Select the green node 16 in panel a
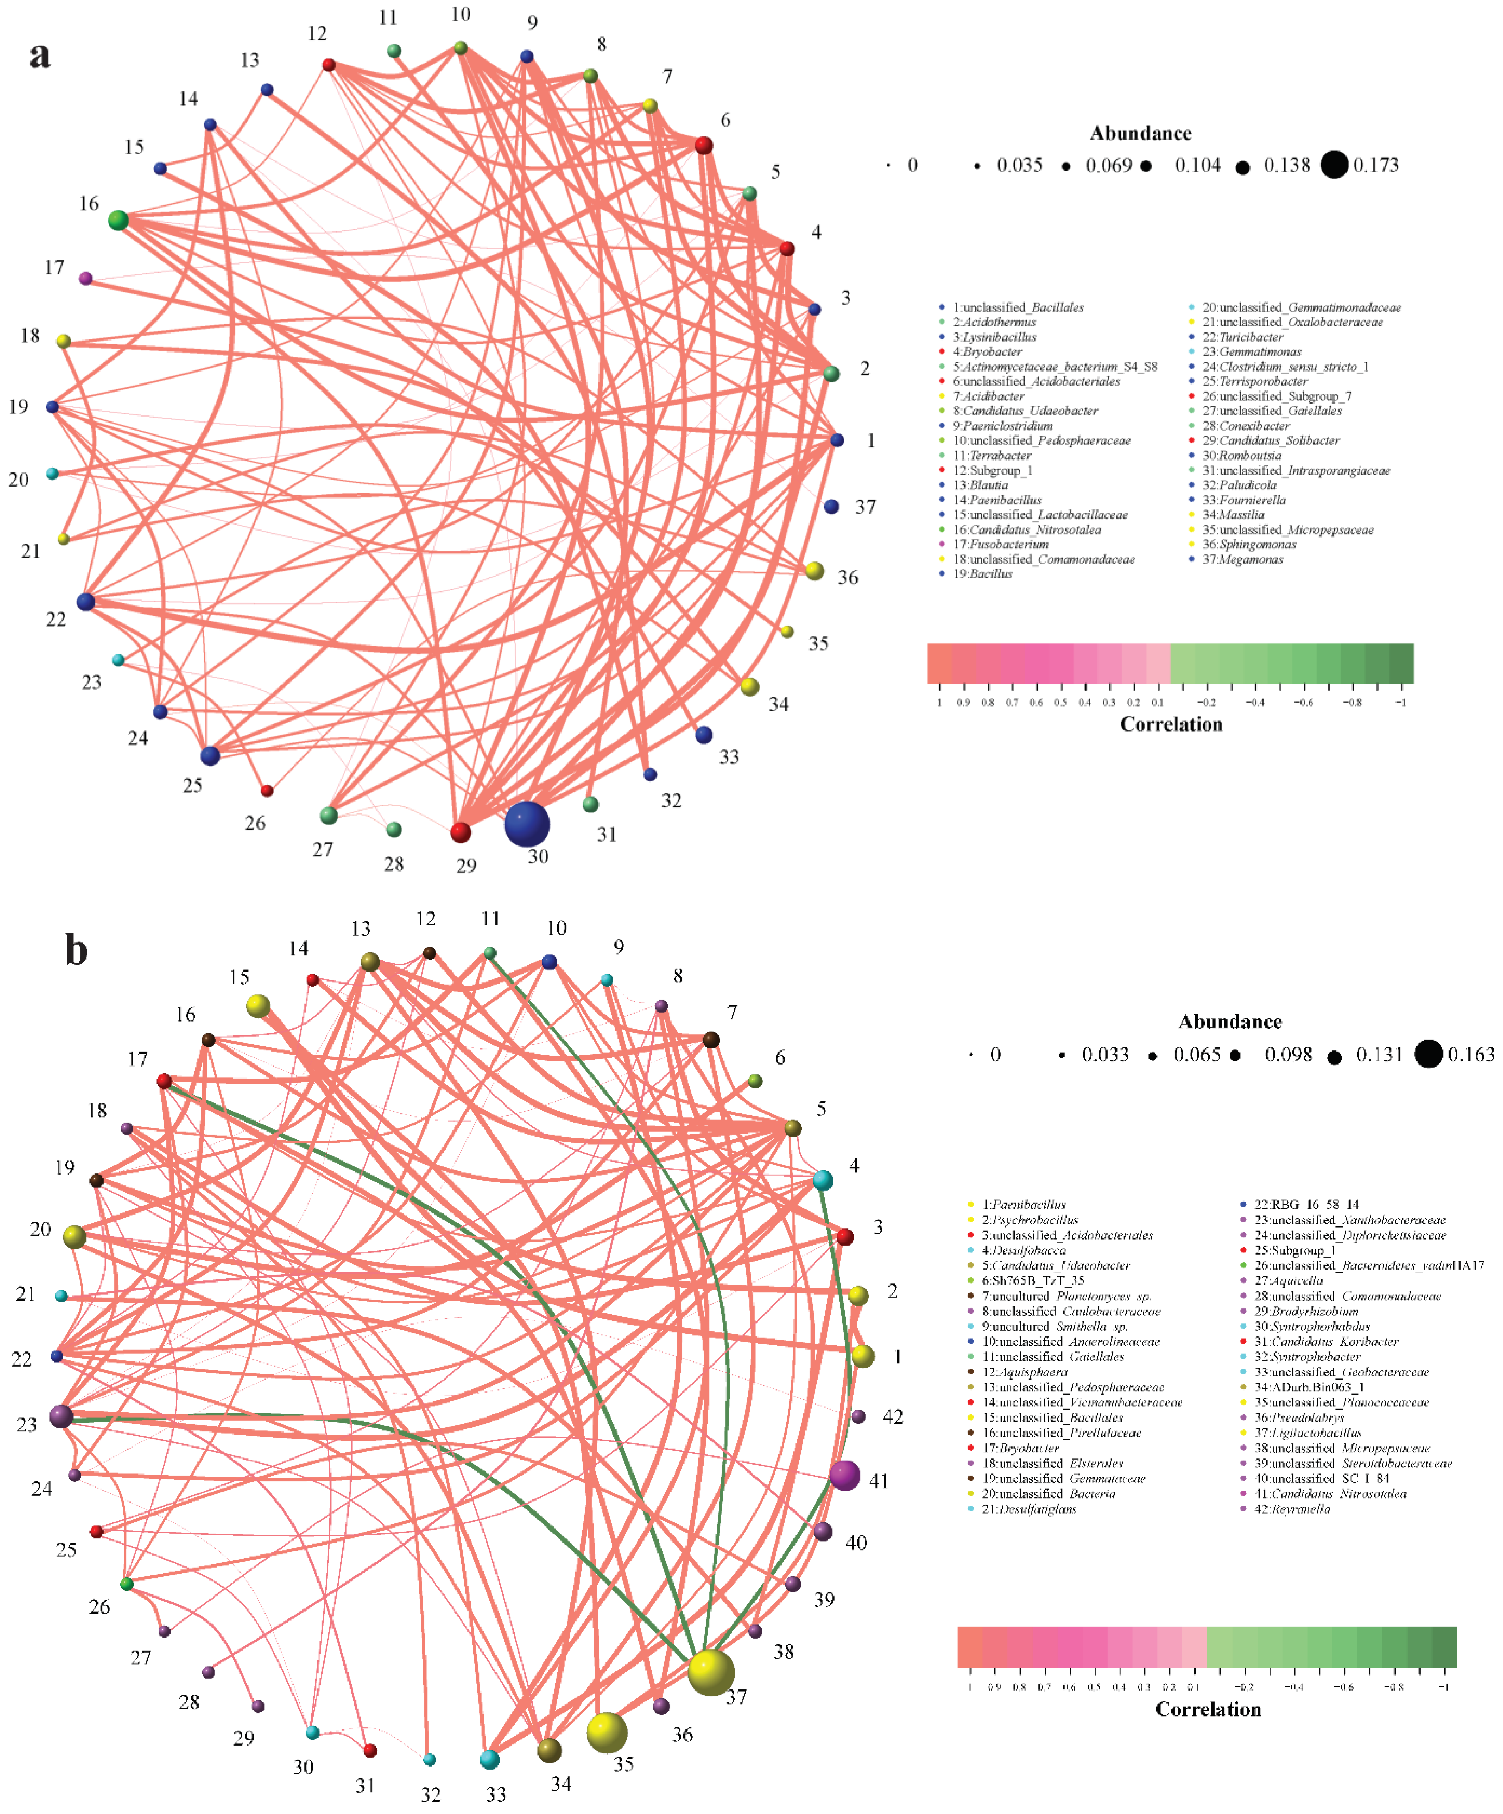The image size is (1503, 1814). coord(118,220)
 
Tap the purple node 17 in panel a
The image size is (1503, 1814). coord(85,278)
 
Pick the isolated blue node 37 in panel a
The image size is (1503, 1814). coord(831,506)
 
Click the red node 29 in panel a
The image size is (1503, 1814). coord(460,832)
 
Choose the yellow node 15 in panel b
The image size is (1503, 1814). coord(257,1005)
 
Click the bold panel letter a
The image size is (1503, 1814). coord(40,55)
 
